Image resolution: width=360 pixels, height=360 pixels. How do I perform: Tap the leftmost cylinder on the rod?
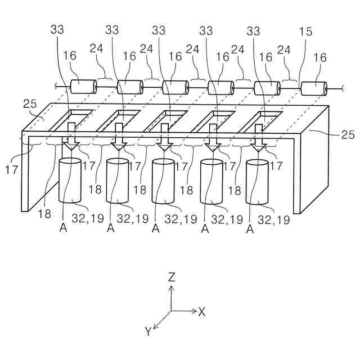pos(84,87)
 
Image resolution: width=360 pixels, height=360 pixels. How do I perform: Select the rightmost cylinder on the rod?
pos(314,89)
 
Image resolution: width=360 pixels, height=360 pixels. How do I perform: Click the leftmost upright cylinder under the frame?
pos(71,181)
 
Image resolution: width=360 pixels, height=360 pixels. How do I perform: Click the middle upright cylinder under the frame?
pos(164,182)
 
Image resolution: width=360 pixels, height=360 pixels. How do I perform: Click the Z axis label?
pos(173,276)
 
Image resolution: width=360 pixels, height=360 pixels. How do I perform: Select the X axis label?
pos(202,311)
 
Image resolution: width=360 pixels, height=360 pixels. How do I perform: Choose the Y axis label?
pos(148,332)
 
